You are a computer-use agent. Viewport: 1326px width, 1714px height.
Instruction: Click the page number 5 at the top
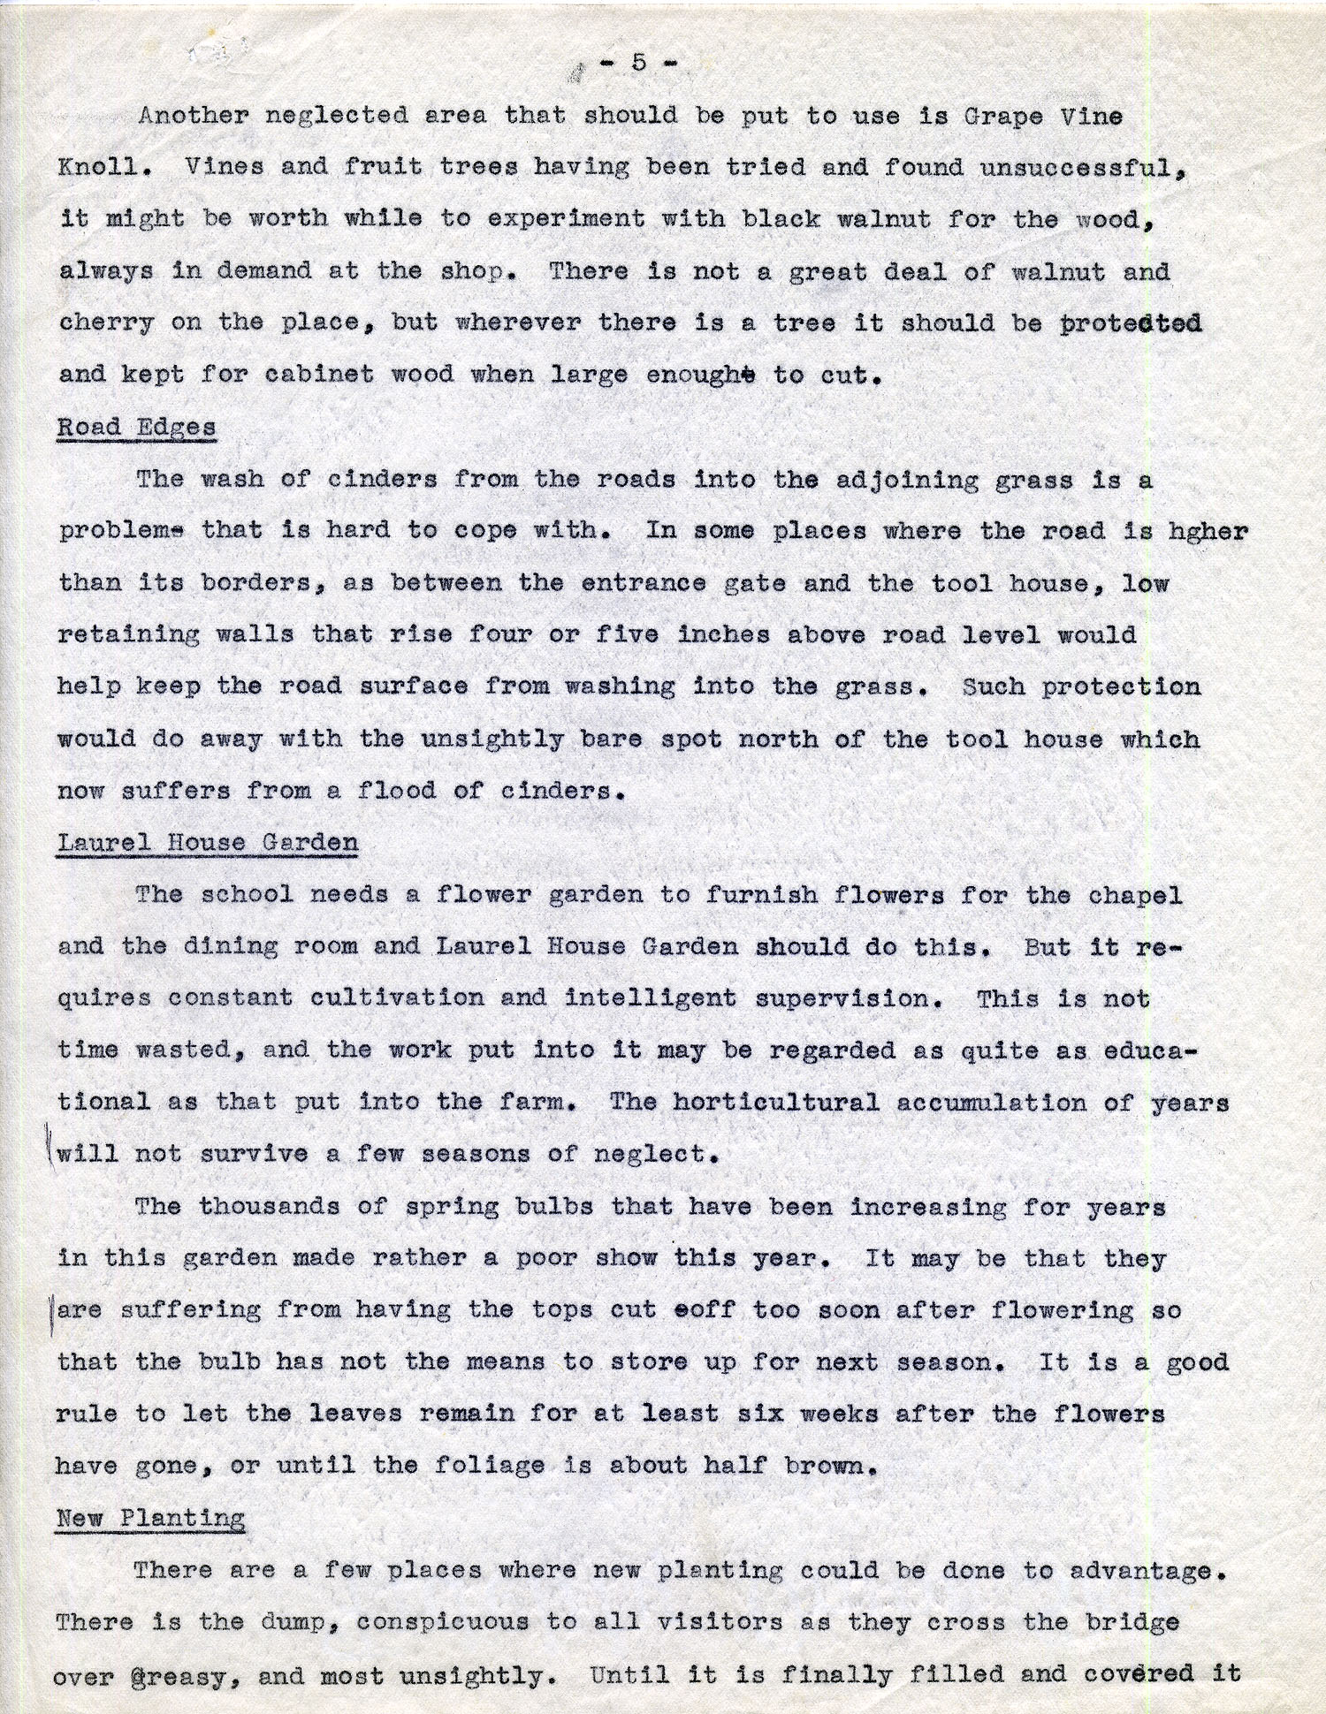coord(638,62)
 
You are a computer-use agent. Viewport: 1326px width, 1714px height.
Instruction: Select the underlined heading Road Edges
coord(136,428)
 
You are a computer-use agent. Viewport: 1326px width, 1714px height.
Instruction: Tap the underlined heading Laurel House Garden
coord(208,842)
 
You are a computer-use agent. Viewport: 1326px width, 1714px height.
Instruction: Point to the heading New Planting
coord(150,1518)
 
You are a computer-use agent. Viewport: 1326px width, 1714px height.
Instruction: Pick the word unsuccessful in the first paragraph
coord(1081,167)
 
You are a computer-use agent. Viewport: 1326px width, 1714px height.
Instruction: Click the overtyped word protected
coord(1131,323)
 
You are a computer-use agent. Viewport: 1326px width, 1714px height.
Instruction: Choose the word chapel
coord(1134,895)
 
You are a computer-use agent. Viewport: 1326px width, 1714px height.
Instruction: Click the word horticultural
coord(775,1103)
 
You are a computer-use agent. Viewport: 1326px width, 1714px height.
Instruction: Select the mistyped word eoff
coord(703,1310)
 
